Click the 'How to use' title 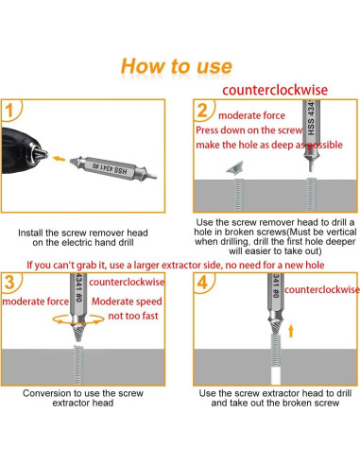pos(177,66)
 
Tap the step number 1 pos(9,111)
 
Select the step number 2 pos(202,111)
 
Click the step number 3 pos(9,282)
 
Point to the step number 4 pos(202,283)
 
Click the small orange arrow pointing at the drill pos(59,159)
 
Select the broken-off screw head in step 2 pos(235,167)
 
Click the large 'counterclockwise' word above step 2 pos(275,90)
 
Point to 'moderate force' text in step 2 pos(251,115)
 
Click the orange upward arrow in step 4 pos(291,331)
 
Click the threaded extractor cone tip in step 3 pos(78,334)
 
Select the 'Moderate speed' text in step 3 pos(127,301)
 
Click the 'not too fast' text pos(133,316)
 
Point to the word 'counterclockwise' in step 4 pos(322,289)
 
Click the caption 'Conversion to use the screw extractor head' pos(83,398)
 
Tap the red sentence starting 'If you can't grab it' pos(176,266)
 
